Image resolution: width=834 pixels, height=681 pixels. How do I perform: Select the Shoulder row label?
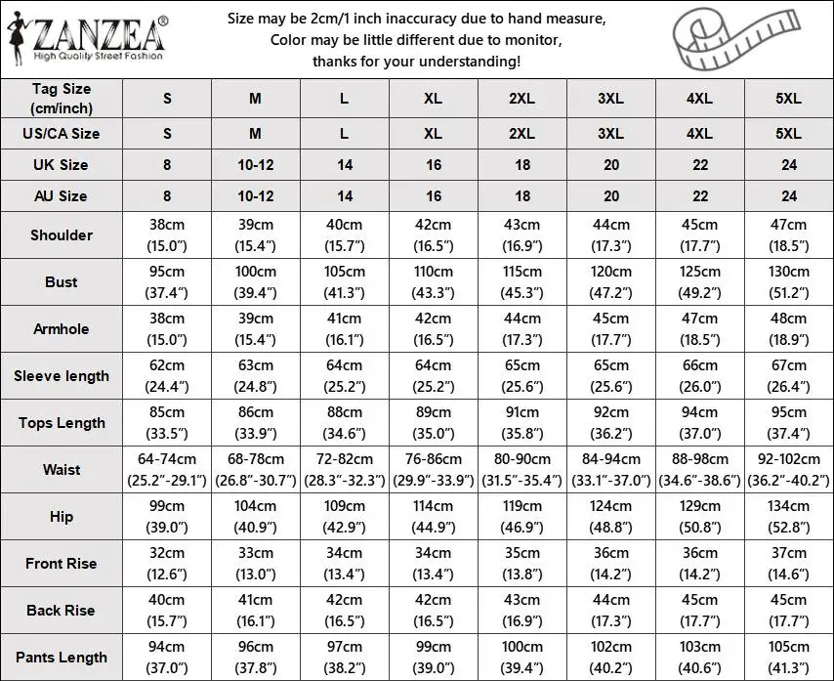(x=62, y=234)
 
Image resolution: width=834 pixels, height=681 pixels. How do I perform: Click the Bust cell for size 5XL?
(x=789, y=281)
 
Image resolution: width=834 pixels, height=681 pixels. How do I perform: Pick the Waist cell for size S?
(x=167, y=469)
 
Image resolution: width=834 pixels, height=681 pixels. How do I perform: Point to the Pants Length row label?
(x=62, y=657)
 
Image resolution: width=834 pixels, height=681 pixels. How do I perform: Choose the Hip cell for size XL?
(x=434, y=516)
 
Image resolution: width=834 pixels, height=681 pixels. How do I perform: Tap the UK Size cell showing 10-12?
(x=256, y=165)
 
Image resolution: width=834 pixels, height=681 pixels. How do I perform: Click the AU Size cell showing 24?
(x=789, y=196)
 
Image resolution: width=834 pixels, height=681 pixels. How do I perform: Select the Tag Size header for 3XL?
(x=611, y=99)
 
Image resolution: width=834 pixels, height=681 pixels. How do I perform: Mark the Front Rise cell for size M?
(x=256, y=563)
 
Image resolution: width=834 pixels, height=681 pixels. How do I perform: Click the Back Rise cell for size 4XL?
(x=700, y=610)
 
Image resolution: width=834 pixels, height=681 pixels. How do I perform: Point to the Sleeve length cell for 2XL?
(x=522, y=375)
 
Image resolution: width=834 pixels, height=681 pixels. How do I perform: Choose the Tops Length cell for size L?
(x=345, y=422)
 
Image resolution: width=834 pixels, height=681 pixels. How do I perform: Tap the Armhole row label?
(x=62, y=328)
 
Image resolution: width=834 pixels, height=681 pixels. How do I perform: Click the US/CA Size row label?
(x=62, y=133)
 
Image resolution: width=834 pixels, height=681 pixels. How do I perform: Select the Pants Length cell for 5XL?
(x=789, y=657)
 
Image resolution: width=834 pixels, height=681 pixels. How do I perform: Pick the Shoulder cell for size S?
(x=167, y=234)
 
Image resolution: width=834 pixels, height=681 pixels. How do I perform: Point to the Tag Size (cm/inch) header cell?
(x=62, y=99)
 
